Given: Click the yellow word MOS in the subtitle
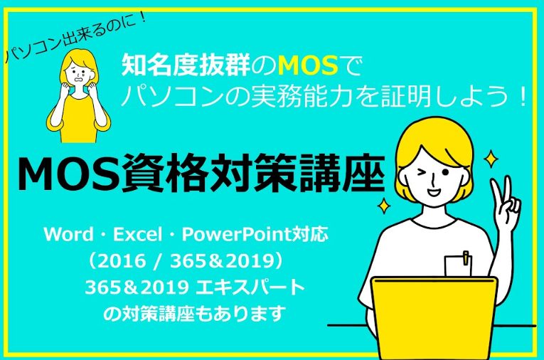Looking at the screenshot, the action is [308, 65].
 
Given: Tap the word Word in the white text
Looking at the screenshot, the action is [68, 234].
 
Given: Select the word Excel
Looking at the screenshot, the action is [138, 234].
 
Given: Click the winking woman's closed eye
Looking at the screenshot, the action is [422, 173].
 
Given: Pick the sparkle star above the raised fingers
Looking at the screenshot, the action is [491, 159].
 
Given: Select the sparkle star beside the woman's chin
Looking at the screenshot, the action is [384, 206].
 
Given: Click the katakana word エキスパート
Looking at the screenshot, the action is [250, 288].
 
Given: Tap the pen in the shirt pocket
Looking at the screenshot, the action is [466, 258].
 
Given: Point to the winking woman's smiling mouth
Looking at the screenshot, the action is [433, 191].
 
